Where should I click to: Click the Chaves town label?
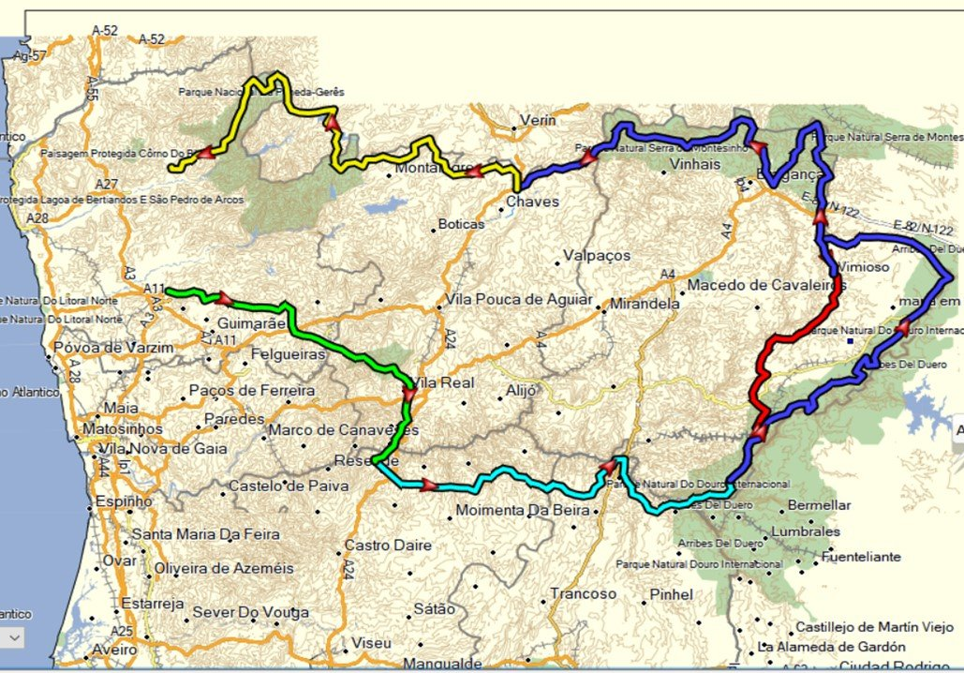pyautogui.click(x=532, y=202)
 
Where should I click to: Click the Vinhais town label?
pyautogui.click(x=696, y=164)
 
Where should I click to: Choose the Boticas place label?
pyautogui.click(x=461, y=225)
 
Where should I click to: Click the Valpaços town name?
pyautogui.click(x=597, y=256)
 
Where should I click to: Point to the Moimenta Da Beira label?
pyautogui.click(x=523, y=511)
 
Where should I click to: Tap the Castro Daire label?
pyautogui.click(x=388, y=545)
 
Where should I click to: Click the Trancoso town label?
pyautogui.click(x=584, y=593)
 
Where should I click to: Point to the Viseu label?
pyautogui.click(x=371, y=643)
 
